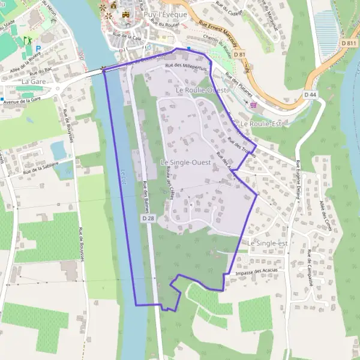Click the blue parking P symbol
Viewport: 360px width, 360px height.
click(x=38, y=48)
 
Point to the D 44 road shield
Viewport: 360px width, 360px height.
click(x=310, y=94)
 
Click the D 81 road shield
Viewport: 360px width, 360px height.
click(x=240, y=55)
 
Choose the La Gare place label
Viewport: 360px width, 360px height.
click(x=34, y=80)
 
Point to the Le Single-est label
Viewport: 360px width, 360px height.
click(x=268, y=243)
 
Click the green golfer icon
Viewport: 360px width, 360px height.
click(x=26, y=41)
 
